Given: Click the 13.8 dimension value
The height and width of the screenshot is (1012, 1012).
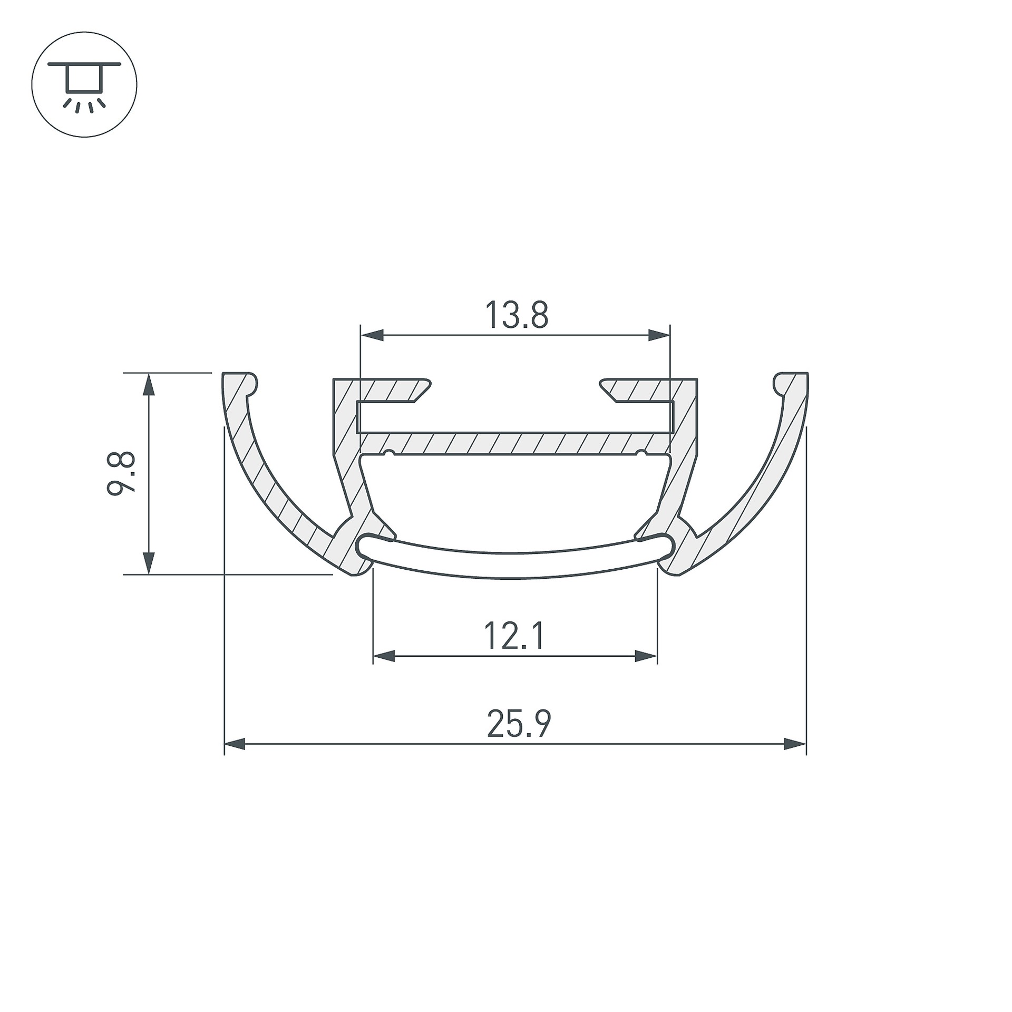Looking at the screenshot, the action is coord(516,315).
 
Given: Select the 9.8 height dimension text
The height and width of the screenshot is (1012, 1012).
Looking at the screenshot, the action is coord(122,473).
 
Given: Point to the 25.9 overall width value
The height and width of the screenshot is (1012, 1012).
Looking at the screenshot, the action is coord(519,724).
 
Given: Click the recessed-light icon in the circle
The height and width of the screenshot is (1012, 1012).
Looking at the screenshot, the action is coord(84,84).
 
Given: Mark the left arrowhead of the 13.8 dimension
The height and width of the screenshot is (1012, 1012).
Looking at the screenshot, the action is coord(372,335).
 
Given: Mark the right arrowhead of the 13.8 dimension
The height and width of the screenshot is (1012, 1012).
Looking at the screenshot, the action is coord(659,335).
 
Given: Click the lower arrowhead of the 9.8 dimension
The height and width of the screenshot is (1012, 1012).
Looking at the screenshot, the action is coord(150,563).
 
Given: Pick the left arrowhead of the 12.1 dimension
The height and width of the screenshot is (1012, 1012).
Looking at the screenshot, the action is coord(384,656).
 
